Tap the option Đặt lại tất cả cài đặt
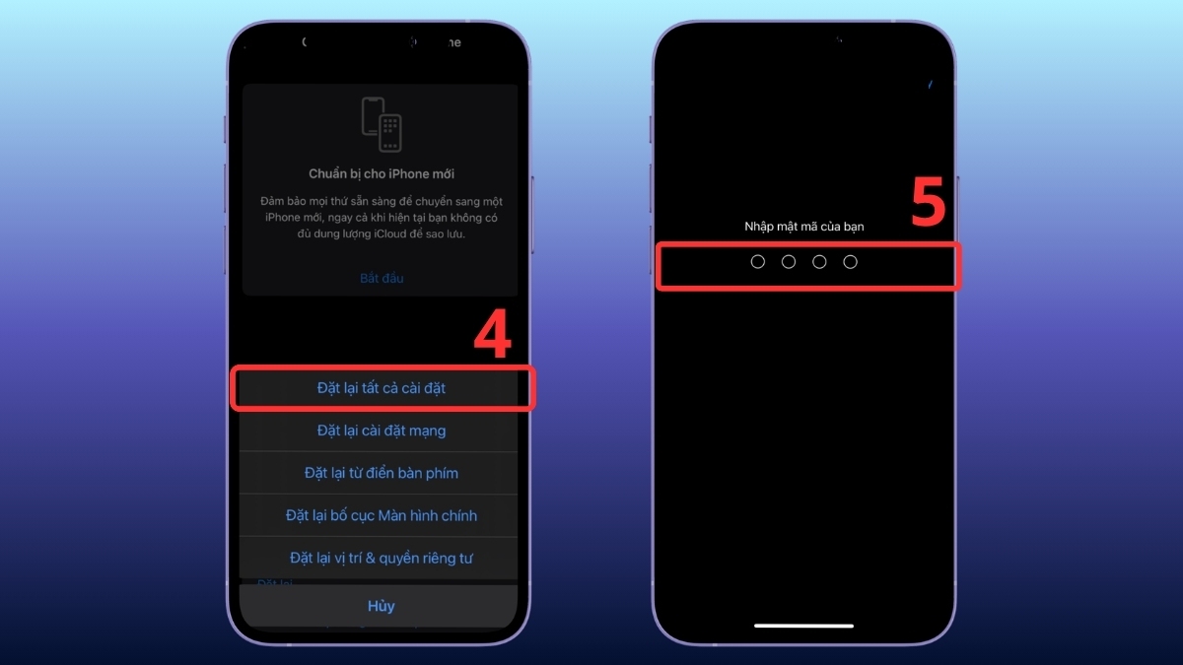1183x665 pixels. [382, 388]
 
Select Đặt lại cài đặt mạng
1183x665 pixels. [382, 431]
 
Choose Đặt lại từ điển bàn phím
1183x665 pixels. [382, 473]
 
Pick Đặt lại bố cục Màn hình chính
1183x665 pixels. [382, 515]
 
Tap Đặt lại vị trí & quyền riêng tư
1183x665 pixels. [382, 558]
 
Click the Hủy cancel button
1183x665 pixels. [382, 606]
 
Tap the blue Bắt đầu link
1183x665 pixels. [382, 278]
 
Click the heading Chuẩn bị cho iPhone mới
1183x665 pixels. [382, 174]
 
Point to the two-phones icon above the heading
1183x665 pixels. [382, 124]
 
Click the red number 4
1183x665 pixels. [493, 335]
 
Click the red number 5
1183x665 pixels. [928, 204]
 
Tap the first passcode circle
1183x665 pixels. [758, 262]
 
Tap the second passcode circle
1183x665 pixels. [789, 262]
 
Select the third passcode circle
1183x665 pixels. [819, 262]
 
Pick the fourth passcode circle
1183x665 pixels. [851, 262]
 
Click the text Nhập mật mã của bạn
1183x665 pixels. [803, 227]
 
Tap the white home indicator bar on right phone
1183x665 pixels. [803, 625]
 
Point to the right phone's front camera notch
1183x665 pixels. [838, 42]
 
